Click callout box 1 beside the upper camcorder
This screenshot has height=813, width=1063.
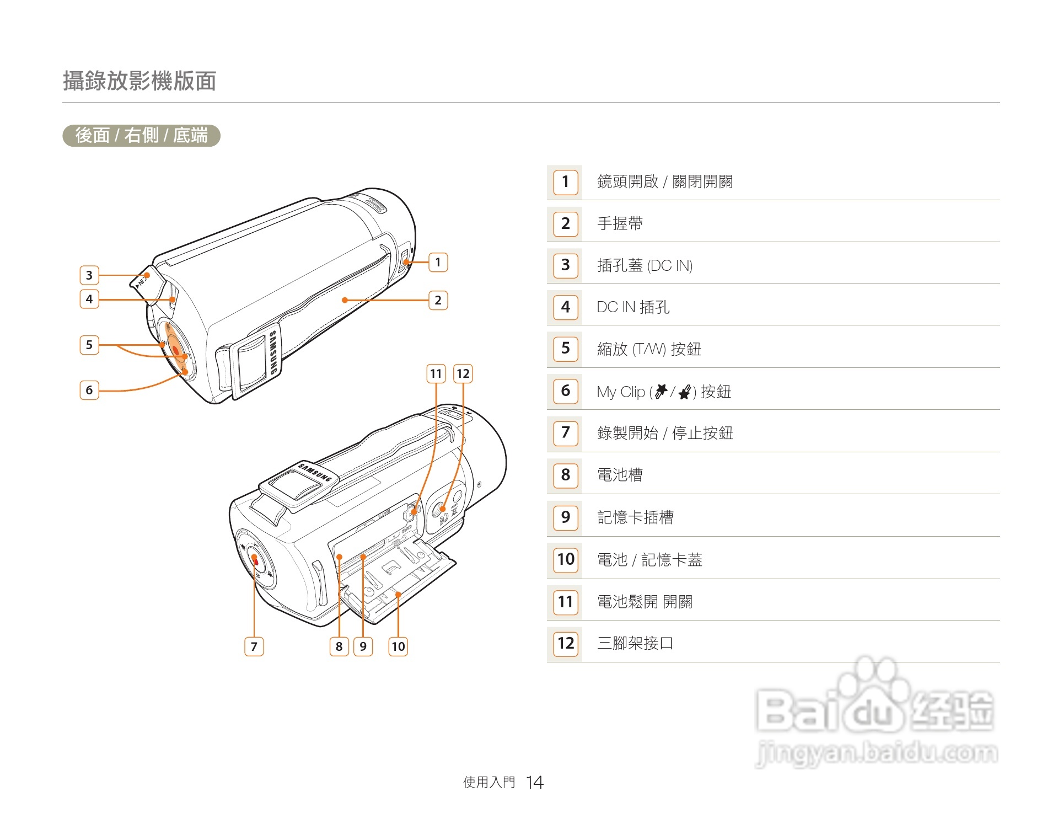[x=438, y=262]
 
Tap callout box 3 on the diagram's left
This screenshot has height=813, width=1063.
[x=89, y=275]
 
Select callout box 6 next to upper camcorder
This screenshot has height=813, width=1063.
[x=89, y=390]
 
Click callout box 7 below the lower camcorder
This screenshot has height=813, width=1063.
[x=254, y=646]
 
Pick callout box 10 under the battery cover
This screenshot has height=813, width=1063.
[x=398, y=646]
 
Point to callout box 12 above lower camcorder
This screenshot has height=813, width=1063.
[x=463, y=373]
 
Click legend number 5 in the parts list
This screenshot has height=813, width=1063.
[x=565, y=348]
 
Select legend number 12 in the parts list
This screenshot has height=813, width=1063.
[x=565, y=643]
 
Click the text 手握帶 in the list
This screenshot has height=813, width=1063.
[x=620, y=223]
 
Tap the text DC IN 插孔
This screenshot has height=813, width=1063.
[x=633, y=307]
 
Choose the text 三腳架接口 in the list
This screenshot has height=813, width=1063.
[x=635, y=643]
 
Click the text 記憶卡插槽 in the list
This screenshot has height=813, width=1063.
[x=635, y=517]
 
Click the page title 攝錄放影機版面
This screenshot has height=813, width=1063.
[x=139, y=81]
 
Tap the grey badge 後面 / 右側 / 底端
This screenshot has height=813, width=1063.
[x=141, y=135]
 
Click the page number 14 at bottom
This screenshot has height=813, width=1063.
[x=534, y=782]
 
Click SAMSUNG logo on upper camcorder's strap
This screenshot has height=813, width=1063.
[x=273, y=353]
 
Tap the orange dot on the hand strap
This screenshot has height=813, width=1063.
[x=345, y=300]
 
